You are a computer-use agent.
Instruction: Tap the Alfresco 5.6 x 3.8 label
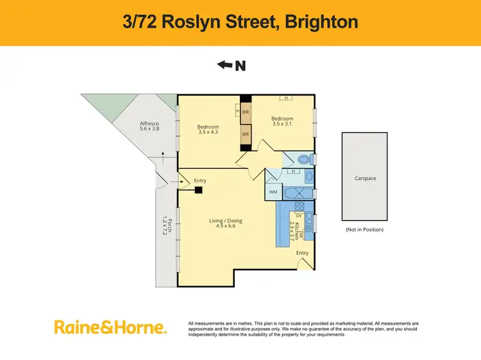(x=149, y=126)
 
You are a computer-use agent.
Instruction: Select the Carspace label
(x=365, y=178)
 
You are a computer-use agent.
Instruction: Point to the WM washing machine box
(x=273, y=191)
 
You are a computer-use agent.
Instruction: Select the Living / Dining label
(x=225, y=223)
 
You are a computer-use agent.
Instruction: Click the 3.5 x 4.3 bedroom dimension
(x=208, y=133)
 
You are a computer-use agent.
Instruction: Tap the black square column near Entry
(x=199, y=190)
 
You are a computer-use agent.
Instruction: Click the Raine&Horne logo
(x=110, y=329)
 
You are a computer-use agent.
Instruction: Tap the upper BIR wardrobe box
(x=245, y=112)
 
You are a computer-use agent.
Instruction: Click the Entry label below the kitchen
(x=302, y=253)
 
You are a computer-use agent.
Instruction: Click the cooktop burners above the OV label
(x=299, y=206)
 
